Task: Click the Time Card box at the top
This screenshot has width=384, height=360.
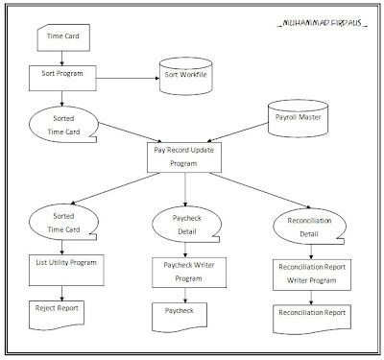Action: (62, 40)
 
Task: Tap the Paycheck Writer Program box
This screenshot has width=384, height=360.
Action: (184, 271)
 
